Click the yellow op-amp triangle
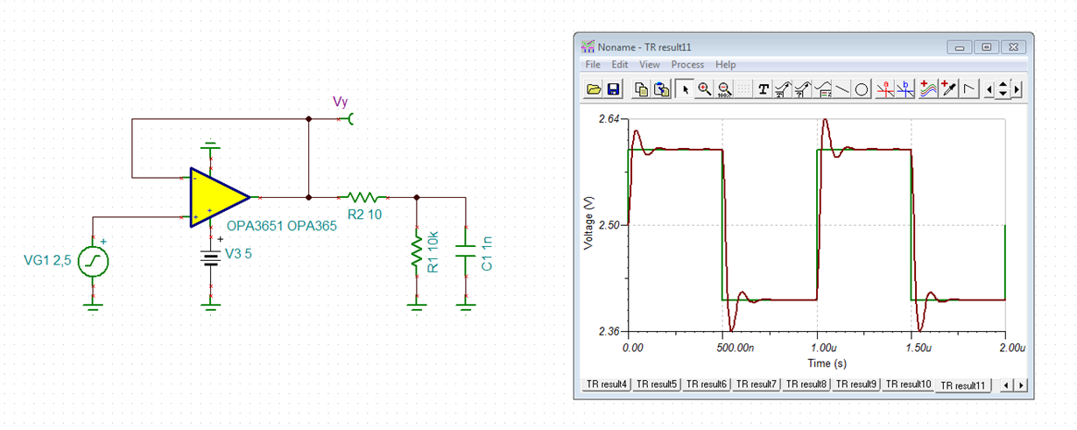pos(216,197)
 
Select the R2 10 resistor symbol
pos(363,197)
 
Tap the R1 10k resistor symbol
pos(417,251)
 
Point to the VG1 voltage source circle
pos(93,262)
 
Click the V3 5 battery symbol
pos(211,257)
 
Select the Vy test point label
pos(340,102)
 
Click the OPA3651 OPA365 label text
pos(281,226)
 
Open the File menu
pos(593,65)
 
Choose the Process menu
pos(687,65)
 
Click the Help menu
pos(726,65)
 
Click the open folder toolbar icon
pos(594,89)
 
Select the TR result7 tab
pos(757,384)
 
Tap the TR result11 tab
pos(962,385)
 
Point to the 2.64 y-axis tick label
pos(609,119)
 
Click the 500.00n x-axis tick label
pos(736,348)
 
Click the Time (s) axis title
pos(827,363)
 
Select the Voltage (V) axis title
pos(588,223)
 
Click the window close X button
pos(1013,47)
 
